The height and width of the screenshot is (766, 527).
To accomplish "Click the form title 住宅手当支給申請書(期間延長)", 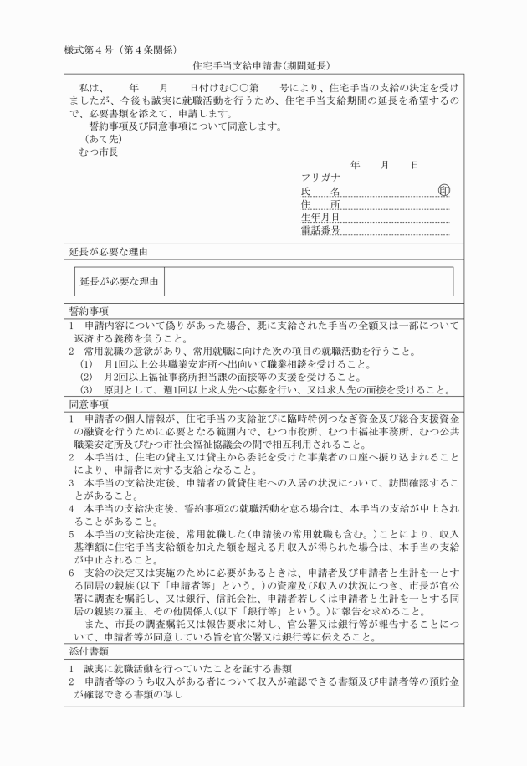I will (263, 65).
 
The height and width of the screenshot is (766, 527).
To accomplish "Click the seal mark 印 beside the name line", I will (443, 191).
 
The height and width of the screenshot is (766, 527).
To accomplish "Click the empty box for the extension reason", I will (308, 281).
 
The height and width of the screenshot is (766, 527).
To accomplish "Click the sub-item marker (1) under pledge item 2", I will (86, 364).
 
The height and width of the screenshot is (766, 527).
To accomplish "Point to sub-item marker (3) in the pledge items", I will (86, 390).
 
